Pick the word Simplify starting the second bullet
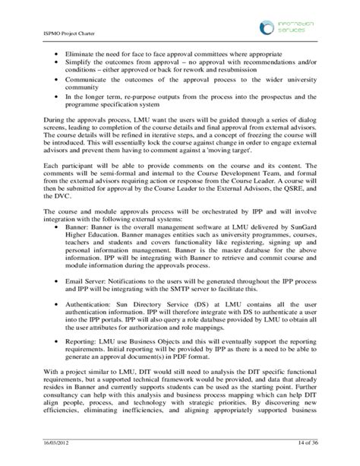point(79,67)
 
